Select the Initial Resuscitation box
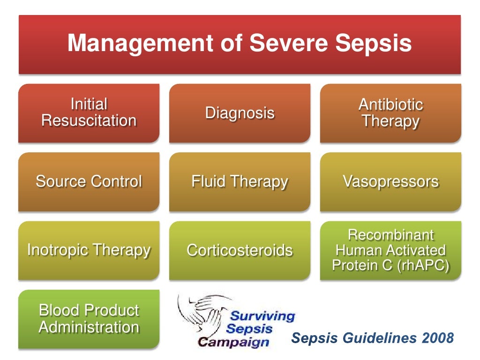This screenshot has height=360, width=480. click(89, 113)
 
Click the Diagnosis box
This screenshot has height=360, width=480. click(240, 113)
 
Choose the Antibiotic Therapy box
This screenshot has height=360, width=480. click(390, 113)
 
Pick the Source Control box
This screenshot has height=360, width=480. click(89, 181)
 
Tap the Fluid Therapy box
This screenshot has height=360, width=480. click(240, 181)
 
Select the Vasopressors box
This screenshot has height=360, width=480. click(390, 181)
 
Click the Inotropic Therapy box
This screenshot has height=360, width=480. click(89, 250)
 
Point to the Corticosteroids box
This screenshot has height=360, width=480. click(240, 250)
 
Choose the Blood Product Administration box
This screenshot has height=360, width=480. click(89, 319)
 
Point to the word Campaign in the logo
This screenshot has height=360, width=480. click(234, 342)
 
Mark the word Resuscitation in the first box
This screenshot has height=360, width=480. click(89, 121)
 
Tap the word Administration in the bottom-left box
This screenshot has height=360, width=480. click(89, 327)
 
